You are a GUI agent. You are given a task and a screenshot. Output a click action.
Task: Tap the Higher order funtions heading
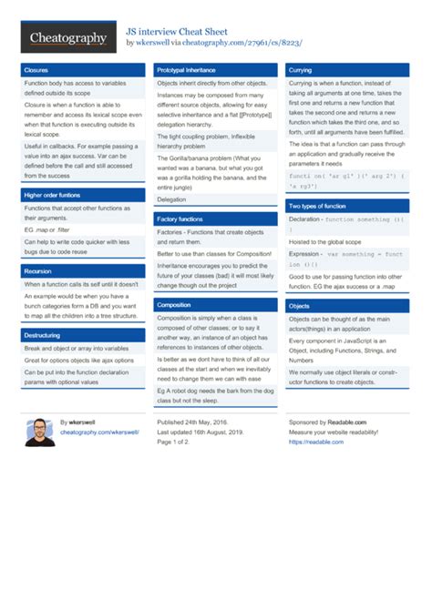tap(52, 195)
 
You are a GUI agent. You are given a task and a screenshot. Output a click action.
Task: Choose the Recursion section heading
tap(38, 270)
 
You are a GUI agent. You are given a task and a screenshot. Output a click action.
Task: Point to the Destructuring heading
tap(42, 335)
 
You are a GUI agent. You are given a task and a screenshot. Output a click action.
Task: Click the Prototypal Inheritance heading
tap(186, 69)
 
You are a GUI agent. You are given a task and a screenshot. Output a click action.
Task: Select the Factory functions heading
tap(180, 219)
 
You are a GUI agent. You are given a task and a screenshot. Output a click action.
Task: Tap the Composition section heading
tap(174, 304)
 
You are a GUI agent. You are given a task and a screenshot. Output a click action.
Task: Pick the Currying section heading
tap(300, 69)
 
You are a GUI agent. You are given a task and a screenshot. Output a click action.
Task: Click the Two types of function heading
tap(317, 206)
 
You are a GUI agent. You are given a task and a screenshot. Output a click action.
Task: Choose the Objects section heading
tap(299, 305)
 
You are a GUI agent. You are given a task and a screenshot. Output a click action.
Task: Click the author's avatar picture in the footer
tap(37, 432)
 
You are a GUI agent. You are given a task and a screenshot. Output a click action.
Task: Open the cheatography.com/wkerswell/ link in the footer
tap(99, 432)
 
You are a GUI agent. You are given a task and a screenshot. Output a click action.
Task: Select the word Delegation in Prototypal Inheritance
tap(171, 199)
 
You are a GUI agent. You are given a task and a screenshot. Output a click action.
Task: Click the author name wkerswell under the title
tap(158, 43)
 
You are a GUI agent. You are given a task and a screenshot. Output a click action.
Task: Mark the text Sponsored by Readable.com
tap(328, 422)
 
